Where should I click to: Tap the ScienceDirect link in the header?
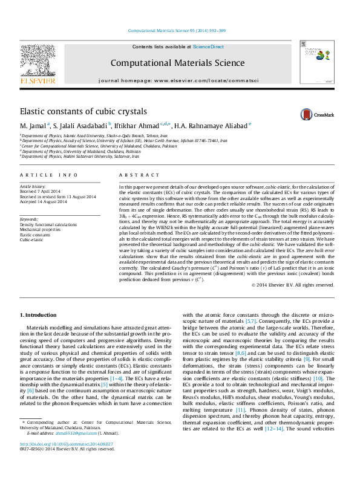209,47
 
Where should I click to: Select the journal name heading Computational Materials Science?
177,62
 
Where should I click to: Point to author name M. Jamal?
32,126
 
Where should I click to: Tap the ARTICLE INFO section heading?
49,175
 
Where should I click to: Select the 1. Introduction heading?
41,316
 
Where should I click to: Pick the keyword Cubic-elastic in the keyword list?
32,256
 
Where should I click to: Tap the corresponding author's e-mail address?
64,450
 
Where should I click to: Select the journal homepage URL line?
178,80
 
